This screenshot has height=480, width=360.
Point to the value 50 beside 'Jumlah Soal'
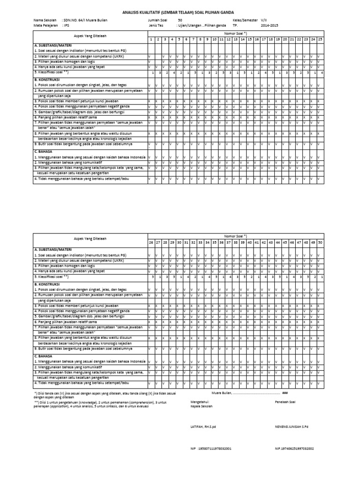(180, 21)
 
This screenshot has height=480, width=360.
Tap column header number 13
(236, 39)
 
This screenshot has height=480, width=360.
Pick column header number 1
(151, 39)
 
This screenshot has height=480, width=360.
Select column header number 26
(151, 243)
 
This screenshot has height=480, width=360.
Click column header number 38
(236, 243)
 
